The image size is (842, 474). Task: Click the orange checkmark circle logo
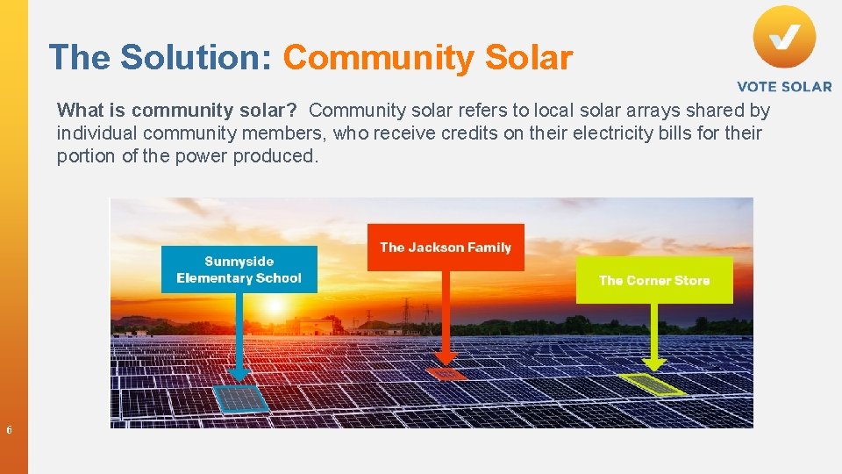click(x=784, y=37)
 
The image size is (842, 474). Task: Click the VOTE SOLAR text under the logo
click(x=784, y=86)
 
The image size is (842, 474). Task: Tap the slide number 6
click(x=9, y=430)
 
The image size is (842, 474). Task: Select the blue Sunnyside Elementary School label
click(x=239, y=269)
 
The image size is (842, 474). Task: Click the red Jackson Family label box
click(x=446, y=248)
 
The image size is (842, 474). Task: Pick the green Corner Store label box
click(x=654, y=280)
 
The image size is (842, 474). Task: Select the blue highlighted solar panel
click(x=241, y=399)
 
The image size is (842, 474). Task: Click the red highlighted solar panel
click(x=446, y=374)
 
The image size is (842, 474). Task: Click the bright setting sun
click(x=275, y=306)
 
